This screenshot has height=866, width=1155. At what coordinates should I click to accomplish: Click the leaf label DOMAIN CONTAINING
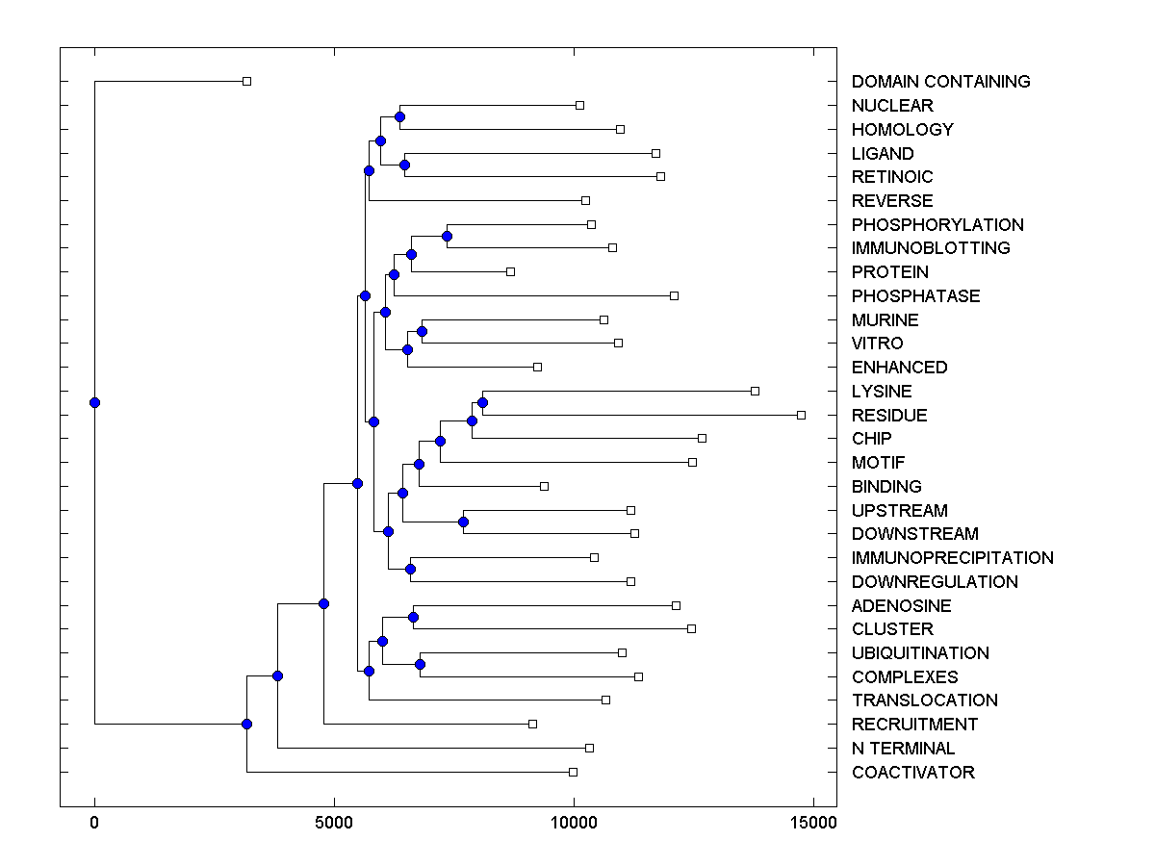point(940,82)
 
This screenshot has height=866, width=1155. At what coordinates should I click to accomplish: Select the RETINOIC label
point(892,177)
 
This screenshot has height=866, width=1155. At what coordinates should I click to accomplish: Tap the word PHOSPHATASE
point(915,296)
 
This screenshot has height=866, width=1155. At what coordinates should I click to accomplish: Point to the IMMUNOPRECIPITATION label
point(952,558)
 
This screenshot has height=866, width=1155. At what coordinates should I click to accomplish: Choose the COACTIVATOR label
point(912,773)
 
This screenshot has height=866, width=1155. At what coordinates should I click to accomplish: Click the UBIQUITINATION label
point(920,653)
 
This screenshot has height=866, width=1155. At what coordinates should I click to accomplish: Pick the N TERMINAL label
point(903,749)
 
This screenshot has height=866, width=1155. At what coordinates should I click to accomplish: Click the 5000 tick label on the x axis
point(334,823)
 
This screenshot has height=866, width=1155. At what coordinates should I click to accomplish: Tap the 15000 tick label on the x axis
point(813,823)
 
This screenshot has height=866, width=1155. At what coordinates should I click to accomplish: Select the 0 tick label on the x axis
point(94,823)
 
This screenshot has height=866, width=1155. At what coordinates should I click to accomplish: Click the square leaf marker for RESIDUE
point(801,415)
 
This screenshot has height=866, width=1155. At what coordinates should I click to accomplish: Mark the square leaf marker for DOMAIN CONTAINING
point(246,81)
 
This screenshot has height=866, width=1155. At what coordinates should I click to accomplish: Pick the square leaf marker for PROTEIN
point(510,271)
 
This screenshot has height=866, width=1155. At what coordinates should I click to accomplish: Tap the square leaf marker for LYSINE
point(755,391)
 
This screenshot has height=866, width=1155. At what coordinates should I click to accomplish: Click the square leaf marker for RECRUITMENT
point(532,724)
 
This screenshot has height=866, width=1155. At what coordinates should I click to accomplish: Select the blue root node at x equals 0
point(94,402)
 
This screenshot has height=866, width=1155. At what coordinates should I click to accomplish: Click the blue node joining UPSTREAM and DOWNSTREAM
point(463,522)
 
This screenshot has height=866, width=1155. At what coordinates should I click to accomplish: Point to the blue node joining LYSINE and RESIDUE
point(482,402)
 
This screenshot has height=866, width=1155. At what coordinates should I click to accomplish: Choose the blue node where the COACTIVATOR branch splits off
point(246,724)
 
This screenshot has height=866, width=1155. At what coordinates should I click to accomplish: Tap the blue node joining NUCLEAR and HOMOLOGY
point(399,116)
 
